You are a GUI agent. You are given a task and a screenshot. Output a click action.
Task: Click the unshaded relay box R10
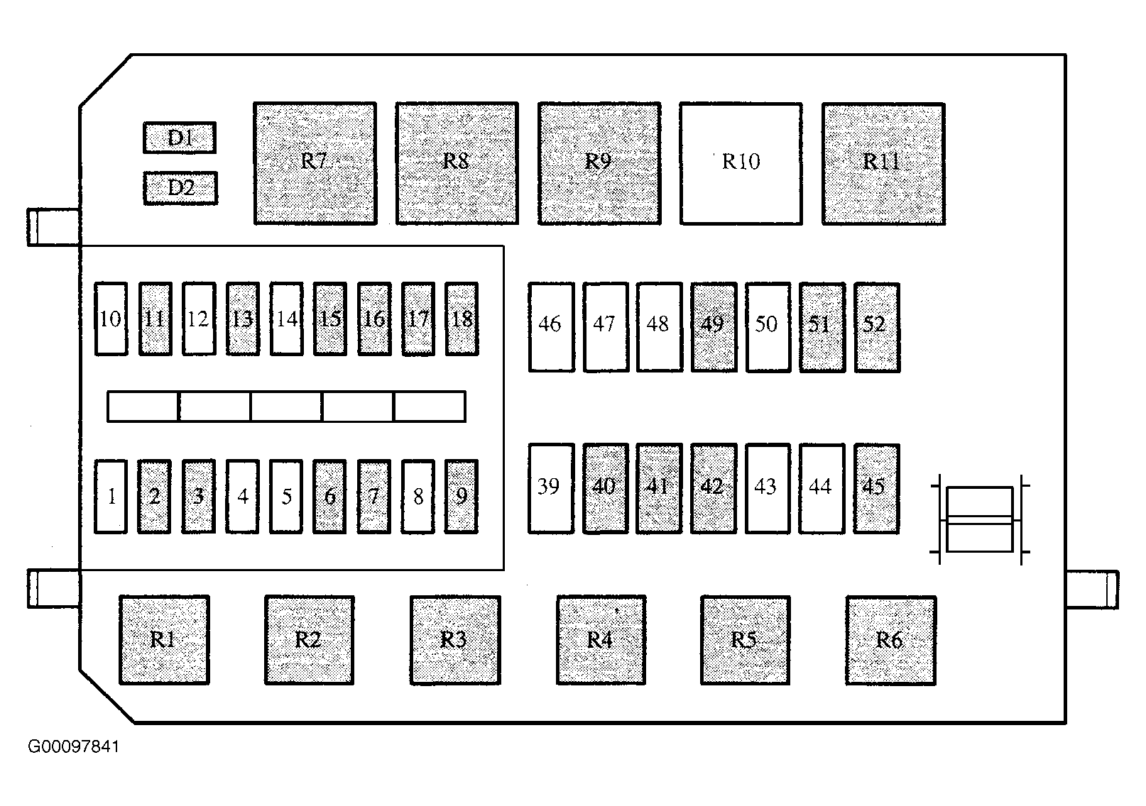tap(741, 164)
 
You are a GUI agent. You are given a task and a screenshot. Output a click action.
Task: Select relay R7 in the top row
tap(315, 164)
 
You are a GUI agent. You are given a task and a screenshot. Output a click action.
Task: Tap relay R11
tap(883, 164)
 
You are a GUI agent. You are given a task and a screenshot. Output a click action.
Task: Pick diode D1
tap(180, 138)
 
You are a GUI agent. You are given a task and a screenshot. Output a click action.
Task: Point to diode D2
tap(180, 188)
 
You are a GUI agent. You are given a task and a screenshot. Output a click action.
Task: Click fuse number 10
tap(111, 319)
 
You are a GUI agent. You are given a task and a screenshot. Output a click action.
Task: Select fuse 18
tap(462, 319)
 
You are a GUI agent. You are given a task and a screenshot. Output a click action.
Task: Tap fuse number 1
tap(111, 496)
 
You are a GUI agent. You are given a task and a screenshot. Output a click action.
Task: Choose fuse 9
tap(462, 496)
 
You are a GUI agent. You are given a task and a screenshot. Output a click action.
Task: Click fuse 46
tap(551, 327)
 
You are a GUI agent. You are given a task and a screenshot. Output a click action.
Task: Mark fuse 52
tap(877, 327)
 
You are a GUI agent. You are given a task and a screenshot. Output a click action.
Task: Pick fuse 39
tap(551, 489)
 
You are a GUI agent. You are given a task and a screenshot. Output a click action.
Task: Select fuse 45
tap(877, 489)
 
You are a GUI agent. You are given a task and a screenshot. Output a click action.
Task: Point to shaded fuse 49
tap(714, 327)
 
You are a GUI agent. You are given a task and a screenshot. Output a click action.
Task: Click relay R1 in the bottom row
tap(164, 639)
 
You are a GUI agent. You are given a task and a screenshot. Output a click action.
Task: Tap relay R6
tap(890, 640)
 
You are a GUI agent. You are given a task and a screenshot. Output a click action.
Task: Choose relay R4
tap(601, 639)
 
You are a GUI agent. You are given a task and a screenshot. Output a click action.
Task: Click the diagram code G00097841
tap(73, 746)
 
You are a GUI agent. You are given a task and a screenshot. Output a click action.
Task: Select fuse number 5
tap(286, 496)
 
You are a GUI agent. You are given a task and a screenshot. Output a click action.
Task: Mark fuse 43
tap(768, 489)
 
